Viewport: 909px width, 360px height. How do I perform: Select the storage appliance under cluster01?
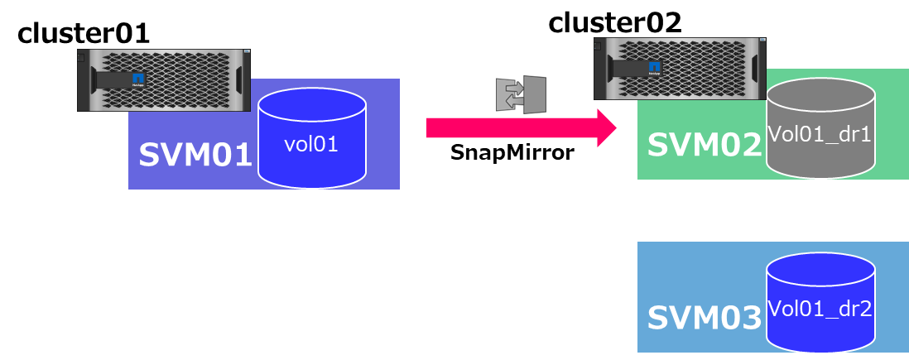pyautogui.click(x=164, y=80)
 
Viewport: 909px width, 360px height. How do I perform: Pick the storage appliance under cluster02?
pyautogui.click(x=680, y=68)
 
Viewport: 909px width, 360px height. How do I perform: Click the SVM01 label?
pyautogui.click(x=195, y=155)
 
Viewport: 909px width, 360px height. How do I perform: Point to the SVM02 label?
pyautogui.click(x=704, y=145)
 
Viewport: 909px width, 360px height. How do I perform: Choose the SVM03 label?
pyautogui.click(x=704, y=318)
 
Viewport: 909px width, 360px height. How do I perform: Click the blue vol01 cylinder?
pyautogui.click(x=312, y=141)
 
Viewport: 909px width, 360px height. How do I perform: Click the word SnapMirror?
pyautogui.click(x=512, y=153)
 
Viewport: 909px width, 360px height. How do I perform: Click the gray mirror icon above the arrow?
pyautogui.click(x=521, y=94)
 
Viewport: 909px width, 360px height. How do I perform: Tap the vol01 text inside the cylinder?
pyautogui.click(x=311, y=144)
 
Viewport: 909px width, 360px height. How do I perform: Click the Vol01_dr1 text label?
pyautogui.click(x=820, y=134)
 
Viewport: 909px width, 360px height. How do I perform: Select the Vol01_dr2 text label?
pyautogui.click(x=820, y=309)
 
